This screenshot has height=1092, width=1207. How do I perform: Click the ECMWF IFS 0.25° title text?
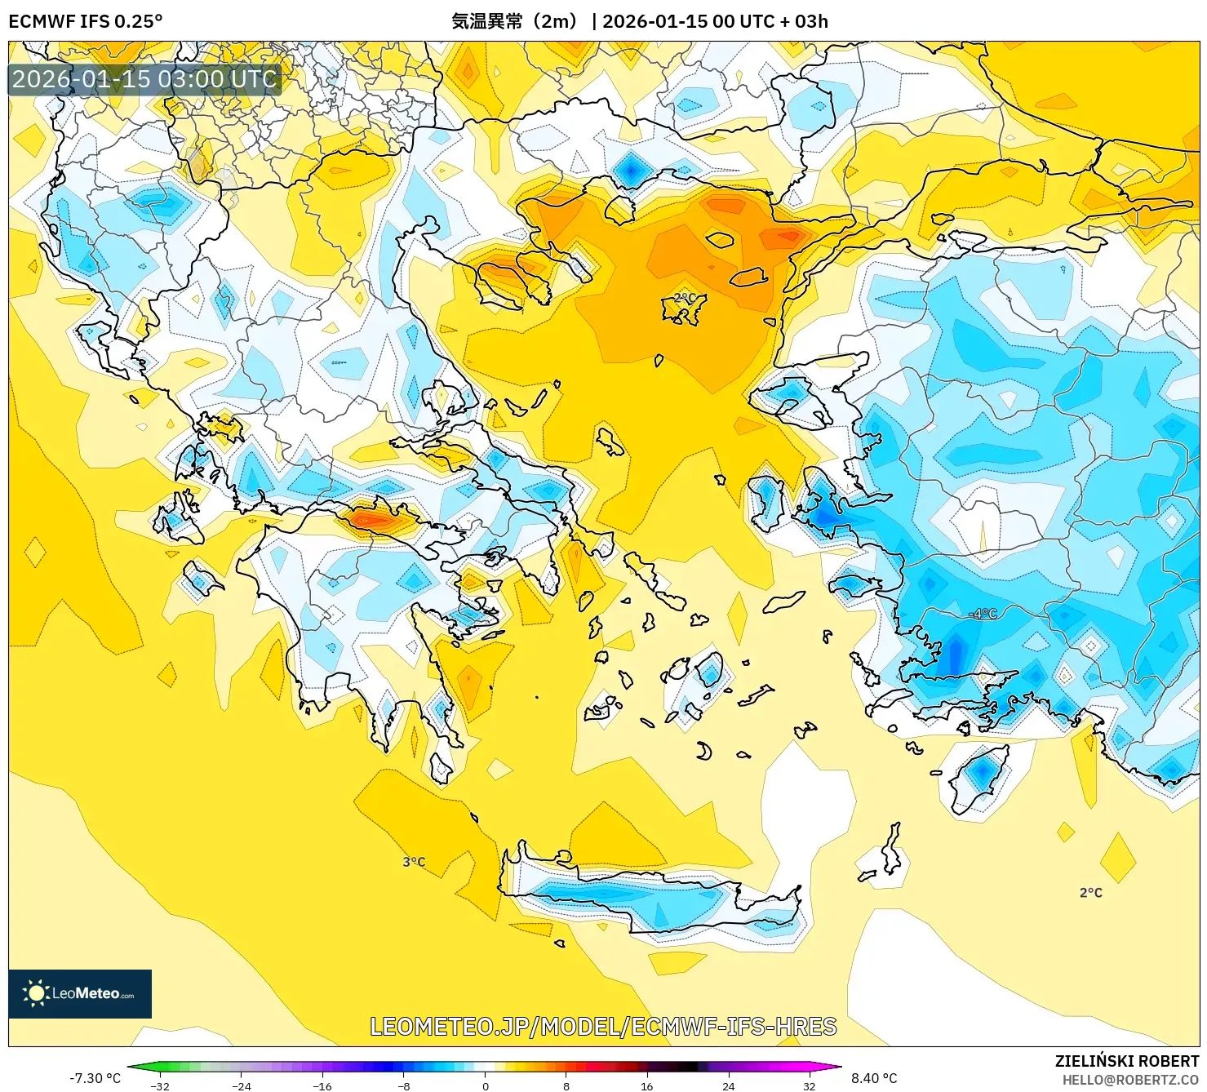tap(85, 21)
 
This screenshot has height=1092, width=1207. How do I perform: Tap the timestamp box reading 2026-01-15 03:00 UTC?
tap(144, 79)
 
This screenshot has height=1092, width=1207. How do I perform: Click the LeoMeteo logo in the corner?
tap(80, 993)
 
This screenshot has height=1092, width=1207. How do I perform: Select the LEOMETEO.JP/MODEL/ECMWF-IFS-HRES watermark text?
tap(603, 1026)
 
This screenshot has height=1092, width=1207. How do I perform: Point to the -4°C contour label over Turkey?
tap(983, 614)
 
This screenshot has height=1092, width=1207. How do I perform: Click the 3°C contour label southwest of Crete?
tap(414, 862)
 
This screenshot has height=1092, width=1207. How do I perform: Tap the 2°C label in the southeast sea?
tap(1090, 893)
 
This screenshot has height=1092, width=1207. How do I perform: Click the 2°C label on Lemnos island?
tap(684, 299)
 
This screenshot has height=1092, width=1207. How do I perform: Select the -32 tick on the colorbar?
tap(160, 1086)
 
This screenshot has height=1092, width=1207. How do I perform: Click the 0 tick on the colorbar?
tap(485, 1086)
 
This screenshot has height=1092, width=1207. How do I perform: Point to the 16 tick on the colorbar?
tap(646, 1086)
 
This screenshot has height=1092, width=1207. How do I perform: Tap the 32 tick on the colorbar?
tap(809, 1086)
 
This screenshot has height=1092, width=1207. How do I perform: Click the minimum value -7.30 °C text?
tap(95, 1078)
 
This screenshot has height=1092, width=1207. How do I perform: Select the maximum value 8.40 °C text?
tap(874, 1078)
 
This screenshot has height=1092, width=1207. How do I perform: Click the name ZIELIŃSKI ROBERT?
tap(1127, 1061)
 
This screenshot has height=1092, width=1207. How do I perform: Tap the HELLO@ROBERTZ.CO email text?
tap(1129, 1080)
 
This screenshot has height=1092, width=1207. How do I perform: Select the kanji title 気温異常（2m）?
tap(515, 21)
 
